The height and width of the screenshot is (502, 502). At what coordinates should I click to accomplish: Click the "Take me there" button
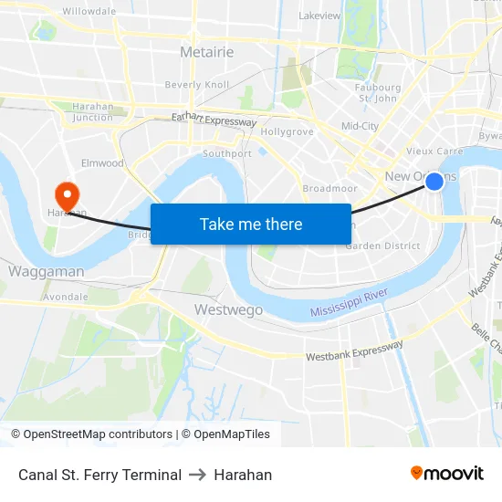click(x=251, y=224)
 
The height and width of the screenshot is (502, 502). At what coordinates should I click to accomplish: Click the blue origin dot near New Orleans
click(x=434, y=183)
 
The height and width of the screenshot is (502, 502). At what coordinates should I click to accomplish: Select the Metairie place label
click(x=206, y=52)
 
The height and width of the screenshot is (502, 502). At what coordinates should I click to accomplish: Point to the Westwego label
click(x=228, y=310)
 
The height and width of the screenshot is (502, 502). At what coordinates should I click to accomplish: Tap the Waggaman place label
click(x=47, y=271)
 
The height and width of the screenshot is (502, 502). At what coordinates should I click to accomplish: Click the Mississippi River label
click(x=350, y=304)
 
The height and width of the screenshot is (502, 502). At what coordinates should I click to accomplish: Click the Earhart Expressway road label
click(x=214, y=120)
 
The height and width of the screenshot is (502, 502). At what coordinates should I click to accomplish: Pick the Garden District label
click(x=382, y=246)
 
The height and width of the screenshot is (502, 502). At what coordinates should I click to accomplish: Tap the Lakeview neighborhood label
click(x=319, y=16)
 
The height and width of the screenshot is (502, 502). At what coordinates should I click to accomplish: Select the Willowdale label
click(x=89, y=11)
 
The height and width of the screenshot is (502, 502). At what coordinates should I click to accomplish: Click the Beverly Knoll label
click(x=197, y=85)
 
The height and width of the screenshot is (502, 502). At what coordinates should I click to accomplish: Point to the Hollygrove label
click(x=287, y=131)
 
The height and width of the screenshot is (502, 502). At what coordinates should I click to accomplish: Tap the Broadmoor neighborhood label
click(x=329, y=188)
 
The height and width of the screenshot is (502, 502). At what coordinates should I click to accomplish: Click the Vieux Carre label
click(x=434, y=152)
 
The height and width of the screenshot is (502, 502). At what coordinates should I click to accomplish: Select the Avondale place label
click(x=65, y=297)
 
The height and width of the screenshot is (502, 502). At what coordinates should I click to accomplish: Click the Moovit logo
click(x=446, y=473)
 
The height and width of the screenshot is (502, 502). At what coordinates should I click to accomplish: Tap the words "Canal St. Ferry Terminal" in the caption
click(x=99, y=475)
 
